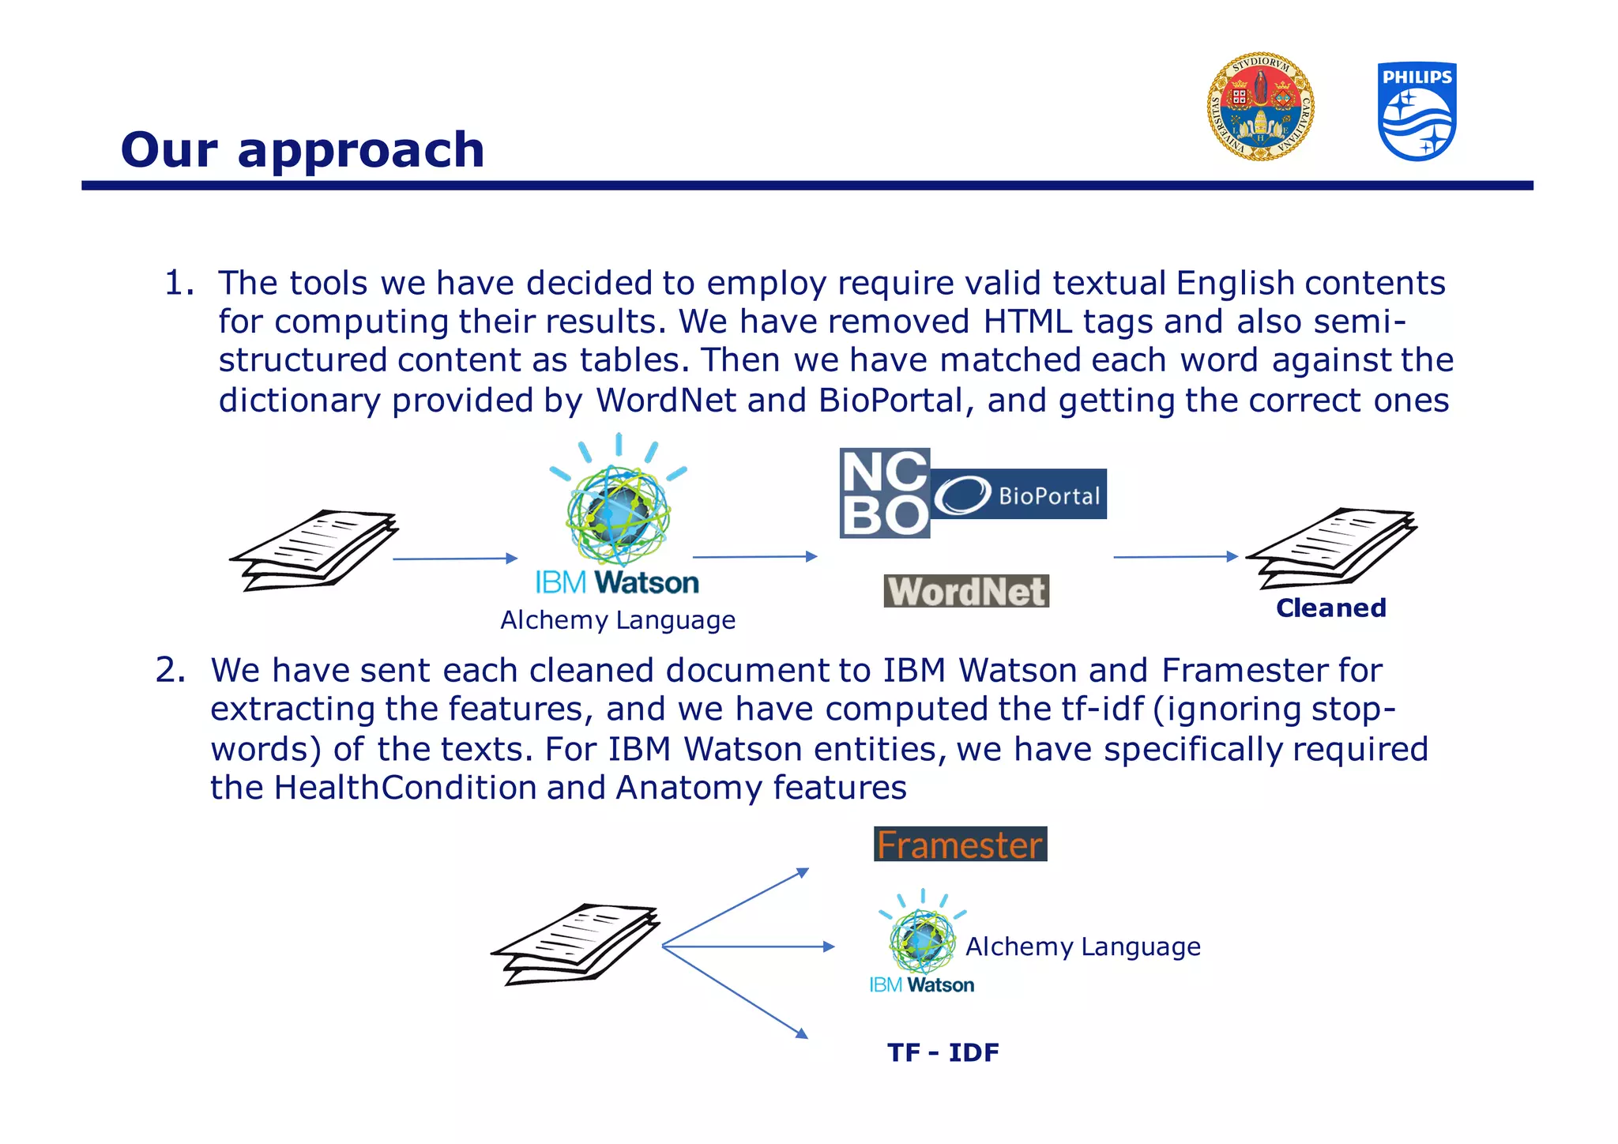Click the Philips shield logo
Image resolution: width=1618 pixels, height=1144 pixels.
(x=1417, y=111)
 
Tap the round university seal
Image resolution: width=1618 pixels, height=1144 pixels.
(x=1260, y=107)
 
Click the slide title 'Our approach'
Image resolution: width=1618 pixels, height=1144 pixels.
(x=303, y=149)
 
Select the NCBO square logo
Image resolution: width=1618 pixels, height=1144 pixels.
(x=884, y=493)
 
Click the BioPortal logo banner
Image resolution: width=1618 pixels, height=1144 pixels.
(x=1018, y=495)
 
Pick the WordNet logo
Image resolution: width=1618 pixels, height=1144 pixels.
(x=966, y=591)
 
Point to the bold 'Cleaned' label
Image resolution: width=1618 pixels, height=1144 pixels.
(x=1330, y=608)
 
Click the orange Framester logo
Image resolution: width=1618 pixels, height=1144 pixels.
(x=960, y=844)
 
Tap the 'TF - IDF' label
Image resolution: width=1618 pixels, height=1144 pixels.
(x=943, y=1052)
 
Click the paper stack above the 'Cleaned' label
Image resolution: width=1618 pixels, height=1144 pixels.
(x=1331, y=547)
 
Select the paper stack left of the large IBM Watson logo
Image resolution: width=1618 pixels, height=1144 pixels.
(x=314, y=550)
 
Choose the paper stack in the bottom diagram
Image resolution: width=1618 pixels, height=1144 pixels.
(x=576, y=943)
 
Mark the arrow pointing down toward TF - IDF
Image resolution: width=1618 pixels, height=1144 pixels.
(x=735, y=992)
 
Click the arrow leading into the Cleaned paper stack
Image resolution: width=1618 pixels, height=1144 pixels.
(x=1175, y=557)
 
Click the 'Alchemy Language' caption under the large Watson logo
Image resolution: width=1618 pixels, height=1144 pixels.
(x=618, y=620)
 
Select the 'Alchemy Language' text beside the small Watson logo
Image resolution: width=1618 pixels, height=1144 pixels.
(x=1082, y=946)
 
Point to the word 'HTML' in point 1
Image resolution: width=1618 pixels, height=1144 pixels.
(x=1028, y=322)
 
